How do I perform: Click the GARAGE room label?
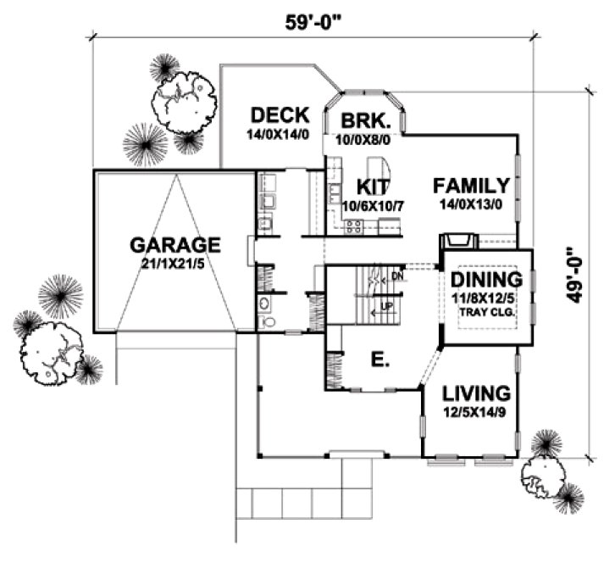point(175,245)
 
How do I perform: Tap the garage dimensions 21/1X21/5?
point(175,264)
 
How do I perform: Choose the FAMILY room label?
point(471,186)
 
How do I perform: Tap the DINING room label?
point(485,280)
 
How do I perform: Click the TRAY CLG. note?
point(485,312)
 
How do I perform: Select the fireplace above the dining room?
point(458,242)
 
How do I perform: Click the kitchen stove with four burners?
point(354,226)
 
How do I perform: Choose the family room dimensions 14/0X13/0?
point(471,204)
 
